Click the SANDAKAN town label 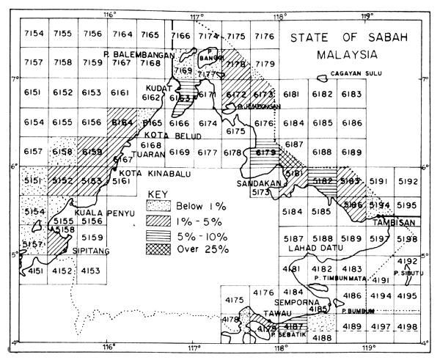pyautogui.click(x=255, y=183)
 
